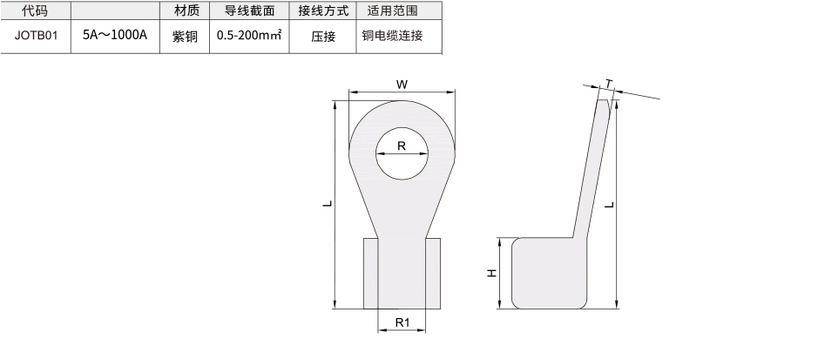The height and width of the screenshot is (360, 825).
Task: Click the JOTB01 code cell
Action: (x=36, y=36)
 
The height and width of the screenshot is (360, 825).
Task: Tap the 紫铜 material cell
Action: (x=185, y=37)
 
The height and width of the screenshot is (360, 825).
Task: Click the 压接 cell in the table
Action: (x=323, y=37)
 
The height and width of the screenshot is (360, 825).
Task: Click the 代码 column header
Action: (x=35, y=10)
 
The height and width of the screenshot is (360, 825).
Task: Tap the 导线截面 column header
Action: (x=249, y=10)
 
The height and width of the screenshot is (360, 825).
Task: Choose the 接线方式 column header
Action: (x=323, y=10)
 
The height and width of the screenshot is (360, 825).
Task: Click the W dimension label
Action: (x=402, y=85)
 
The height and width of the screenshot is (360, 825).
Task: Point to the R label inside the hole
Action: (x=402, y=146)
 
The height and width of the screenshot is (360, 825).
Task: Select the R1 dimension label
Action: (x=402, y=323)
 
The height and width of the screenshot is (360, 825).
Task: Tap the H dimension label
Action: (x=491, y=273)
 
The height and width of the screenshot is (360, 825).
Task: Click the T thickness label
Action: (x=609, y=84)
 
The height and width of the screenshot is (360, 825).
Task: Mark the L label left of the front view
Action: (x=328, y=203)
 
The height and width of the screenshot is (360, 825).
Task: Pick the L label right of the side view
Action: (x=609, y=204)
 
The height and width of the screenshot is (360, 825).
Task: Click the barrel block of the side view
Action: (x=550, y=273)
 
